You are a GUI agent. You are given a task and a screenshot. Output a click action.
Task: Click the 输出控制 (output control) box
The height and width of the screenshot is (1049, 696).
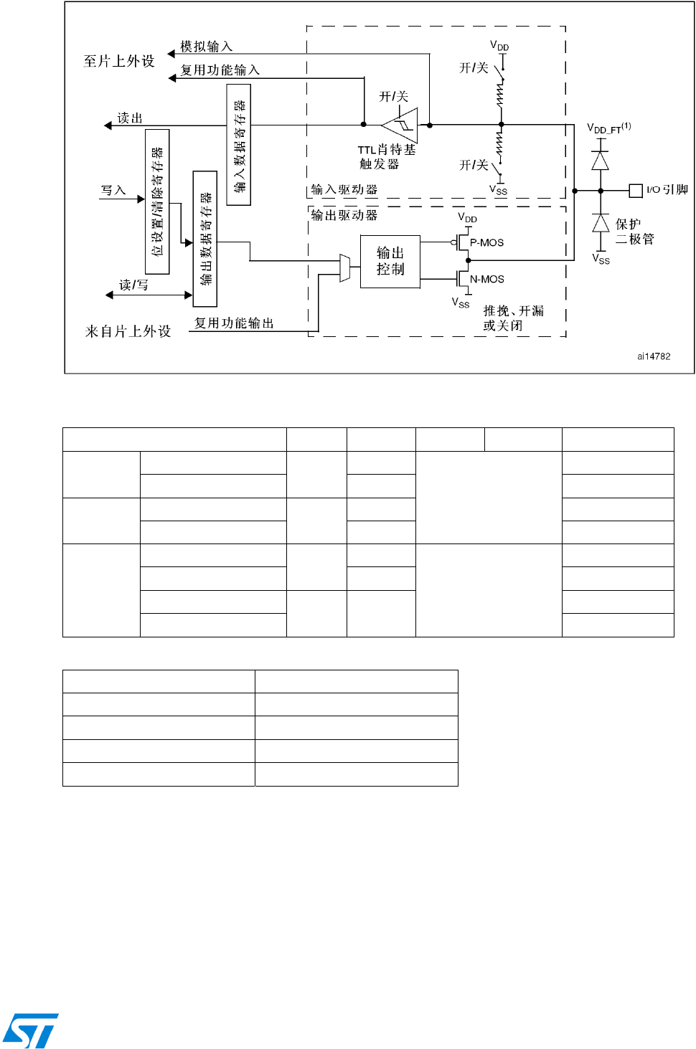tap(390, 261)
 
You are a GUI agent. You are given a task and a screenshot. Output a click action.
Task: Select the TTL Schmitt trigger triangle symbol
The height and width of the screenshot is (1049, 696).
tap(402, 125)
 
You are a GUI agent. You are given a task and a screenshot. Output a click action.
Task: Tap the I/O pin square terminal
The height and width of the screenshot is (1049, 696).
tap(635, 191)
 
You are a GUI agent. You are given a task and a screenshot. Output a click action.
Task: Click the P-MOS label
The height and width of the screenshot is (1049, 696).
tap(486, 243)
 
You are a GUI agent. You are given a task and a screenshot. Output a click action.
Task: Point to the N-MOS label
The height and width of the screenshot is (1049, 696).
tap(486, 280)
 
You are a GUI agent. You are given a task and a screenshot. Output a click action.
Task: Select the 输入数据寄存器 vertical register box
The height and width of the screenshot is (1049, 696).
tap(238, 145)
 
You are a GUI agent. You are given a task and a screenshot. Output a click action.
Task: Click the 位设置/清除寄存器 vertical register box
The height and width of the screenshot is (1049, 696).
tap(157, 201)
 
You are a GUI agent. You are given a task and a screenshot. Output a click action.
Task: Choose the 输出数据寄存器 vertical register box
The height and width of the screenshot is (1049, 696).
tap(205, 239)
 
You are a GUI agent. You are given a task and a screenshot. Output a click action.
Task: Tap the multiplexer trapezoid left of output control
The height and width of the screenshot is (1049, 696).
tap(344, 268)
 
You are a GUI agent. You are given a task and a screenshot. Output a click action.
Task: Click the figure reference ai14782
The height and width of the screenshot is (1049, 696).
tap(654, 356)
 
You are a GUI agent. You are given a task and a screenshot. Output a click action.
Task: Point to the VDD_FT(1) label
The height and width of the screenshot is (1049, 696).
tap(608, 128)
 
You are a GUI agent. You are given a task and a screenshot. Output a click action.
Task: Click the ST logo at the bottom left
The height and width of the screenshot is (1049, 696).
tap(30, 1030)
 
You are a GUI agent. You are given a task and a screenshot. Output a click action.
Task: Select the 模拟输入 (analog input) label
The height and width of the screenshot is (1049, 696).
tap(207, 47)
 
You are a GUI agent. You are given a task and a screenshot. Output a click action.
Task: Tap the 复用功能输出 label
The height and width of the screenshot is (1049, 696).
tap(234, 323)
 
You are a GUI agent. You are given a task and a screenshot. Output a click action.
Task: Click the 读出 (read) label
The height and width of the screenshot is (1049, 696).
tap(130, 118)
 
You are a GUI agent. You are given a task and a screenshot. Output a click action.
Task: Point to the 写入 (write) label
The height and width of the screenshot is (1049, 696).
tap(113, 191)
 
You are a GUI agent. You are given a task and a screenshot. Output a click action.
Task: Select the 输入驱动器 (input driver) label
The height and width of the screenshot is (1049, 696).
tap(344, 190)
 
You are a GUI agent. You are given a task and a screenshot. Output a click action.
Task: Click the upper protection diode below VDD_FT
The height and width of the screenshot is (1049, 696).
tap(601, 161)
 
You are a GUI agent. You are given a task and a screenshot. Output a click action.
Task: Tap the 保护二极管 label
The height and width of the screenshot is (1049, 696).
tap(634, 232)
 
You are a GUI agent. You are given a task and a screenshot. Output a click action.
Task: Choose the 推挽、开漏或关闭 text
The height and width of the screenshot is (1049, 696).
tap(512, 318)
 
